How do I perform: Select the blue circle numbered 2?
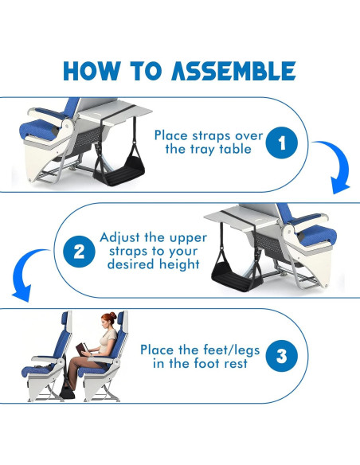tap(78, 252)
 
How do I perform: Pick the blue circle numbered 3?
tap(281, 356)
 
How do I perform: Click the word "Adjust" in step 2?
tap(119, 237)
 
